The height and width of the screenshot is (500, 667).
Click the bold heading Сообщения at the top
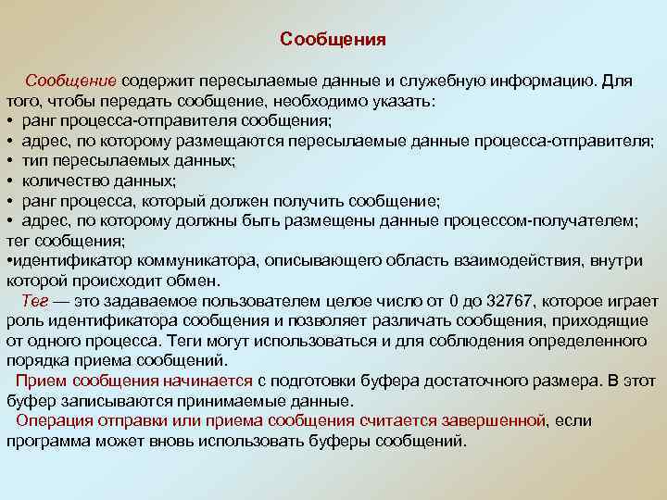click(x=333, y=40)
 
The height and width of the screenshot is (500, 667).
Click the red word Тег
click(x=34, y=301)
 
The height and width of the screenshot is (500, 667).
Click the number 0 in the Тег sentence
click(x=452, y=301)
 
